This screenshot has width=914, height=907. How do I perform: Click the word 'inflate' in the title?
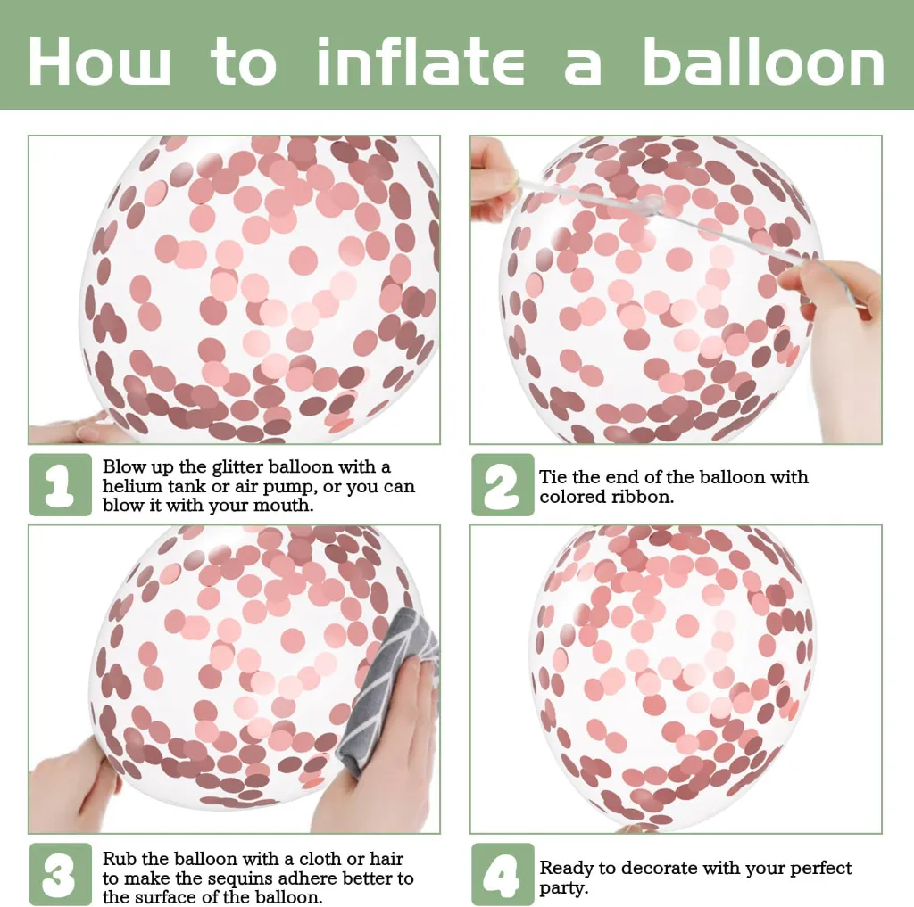coord(420,62)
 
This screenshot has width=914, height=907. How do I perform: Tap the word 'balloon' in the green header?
coord(764,62)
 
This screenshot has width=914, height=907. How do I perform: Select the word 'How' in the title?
coord(100,62)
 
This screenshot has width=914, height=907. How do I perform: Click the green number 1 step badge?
coord(61,484)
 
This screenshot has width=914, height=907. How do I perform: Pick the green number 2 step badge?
coord(503,484)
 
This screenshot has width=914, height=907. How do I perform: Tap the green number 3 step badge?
coord(61,874)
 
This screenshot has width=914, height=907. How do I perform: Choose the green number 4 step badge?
coord(503,874)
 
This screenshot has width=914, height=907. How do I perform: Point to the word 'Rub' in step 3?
coord(120,859)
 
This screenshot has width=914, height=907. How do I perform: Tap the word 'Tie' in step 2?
coord(553,477)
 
